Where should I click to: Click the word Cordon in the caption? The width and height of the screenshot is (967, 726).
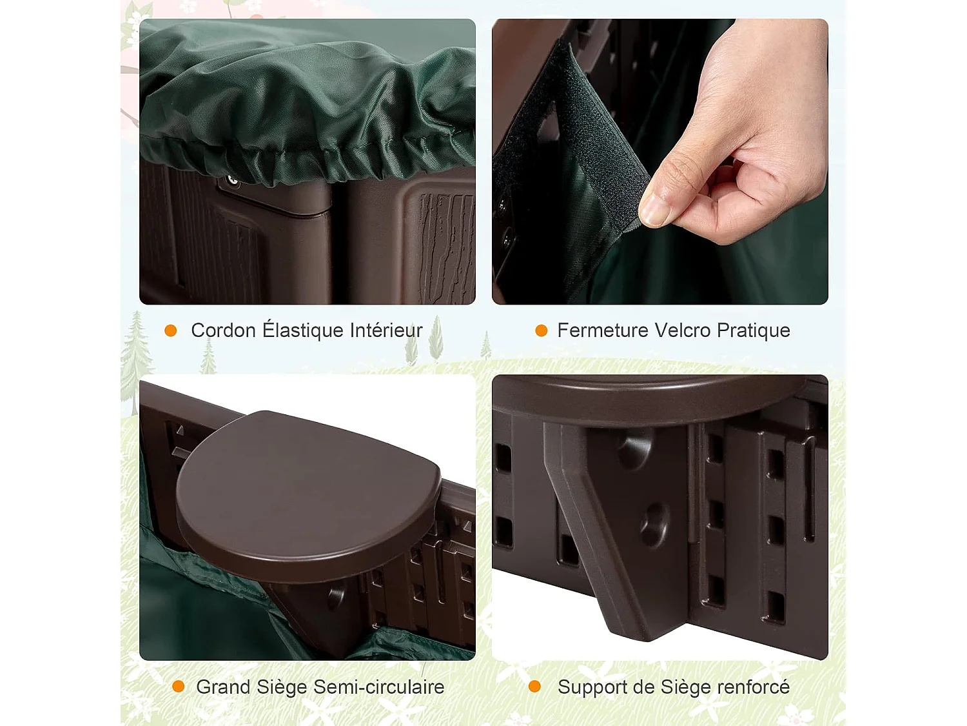(223, 330)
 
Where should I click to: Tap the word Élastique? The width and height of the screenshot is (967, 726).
(302, 330)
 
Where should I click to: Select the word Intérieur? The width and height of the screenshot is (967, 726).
(386, 330)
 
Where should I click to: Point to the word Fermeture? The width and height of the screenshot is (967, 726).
(602, 330)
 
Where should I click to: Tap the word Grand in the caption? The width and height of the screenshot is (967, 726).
(223, 687)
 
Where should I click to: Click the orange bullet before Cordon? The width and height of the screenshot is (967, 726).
(171, 330)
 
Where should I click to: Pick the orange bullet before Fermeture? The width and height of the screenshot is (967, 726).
(542, 330)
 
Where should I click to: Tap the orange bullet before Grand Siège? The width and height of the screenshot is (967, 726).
(179, 687)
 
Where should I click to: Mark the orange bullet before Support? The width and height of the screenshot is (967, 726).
(534, 687)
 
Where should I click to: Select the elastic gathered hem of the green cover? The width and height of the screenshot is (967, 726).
(309, 161)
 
